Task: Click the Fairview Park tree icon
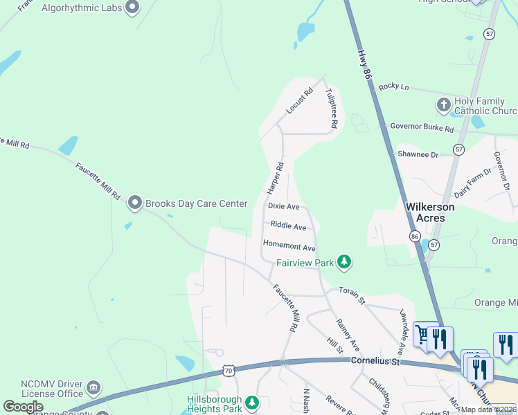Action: coord(344,262)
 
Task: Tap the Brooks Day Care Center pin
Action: coord(134,203)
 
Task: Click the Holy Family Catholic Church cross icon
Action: coord(443,105)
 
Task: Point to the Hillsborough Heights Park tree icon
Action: coord(253,402)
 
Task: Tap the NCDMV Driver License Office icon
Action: coord(94,387)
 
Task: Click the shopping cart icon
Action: coord(422,335)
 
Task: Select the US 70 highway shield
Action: coord(229,371)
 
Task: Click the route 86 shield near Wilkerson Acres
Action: coord(415,236)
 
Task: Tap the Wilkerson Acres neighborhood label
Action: coord(430,212)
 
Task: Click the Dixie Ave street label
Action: coord(284,207)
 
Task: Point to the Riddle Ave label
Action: coord(288,226)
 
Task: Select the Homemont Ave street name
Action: coord(289,247)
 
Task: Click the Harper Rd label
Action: coord(275,178)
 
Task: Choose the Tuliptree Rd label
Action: coord(331,109)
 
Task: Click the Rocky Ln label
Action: coord(394,87)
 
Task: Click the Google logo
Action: coord(23,407)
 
